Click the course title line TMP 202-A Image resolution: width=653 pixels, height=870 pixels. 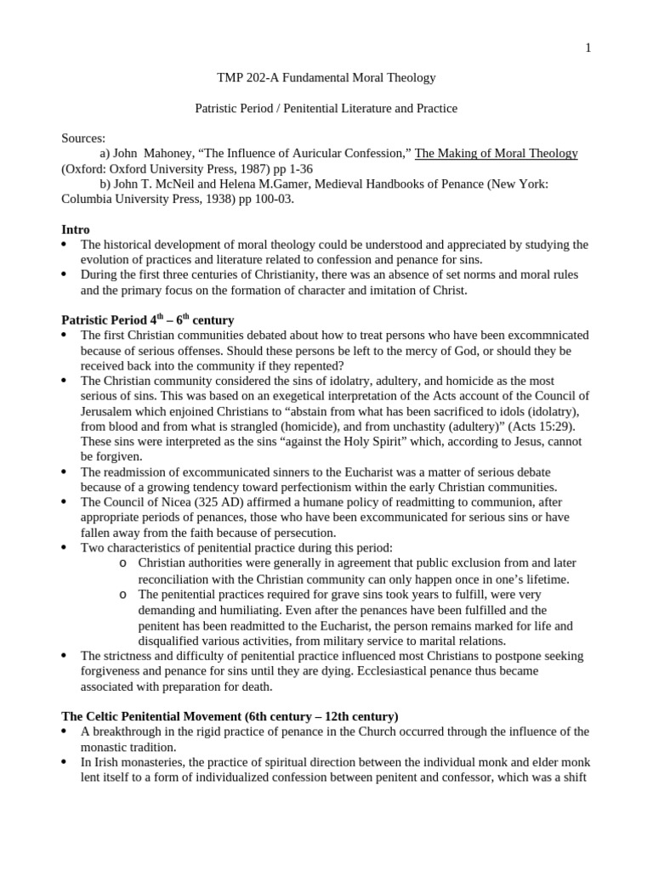(x=326, y=78)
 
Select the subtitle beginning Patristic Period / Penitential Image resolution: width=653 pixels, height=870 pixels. (x=326, y=109)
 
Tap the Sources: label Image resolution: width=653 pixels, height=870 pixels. (x=83, y=138)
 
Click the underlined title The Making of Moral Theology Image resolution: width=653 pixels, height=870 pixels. (x=496, y=154)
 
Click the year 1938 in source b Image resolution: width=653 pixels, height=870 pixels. (x=231, y=200)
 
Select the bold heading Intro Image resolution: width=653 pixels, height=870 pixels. (x=76, y=230)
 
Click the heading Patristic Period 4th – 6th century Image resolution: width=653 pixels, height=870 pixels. (x=147, y=320)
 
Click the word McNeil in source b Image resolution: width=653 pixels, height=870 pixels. (x=178, y=184)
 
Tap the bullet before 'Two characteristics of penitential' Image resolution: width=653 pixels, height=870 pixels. (x=66, y=549)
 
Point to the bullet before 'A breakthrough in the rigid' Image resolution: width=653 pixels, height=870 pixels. (x=66, y=732)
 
